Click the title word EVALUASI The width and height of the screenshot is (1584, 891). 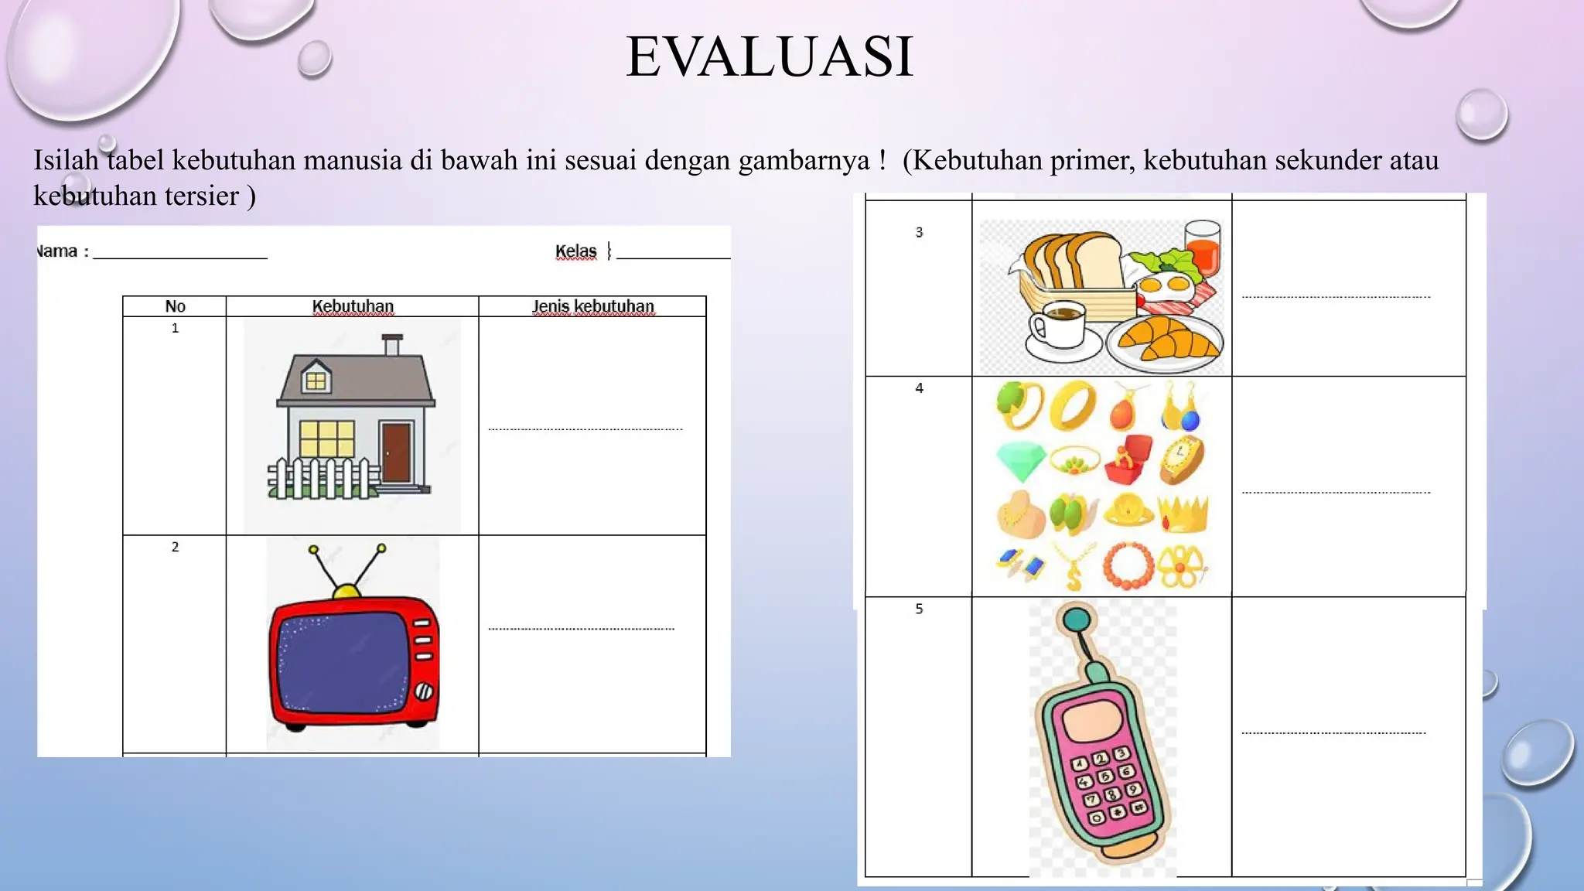pos(770,56)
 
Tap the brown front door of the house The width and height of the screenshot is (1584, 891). pos(396,452)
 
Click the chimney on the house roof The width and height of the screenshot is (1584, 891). pos(393,345)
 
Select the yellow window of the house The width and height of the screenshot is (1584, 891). pos(326,439)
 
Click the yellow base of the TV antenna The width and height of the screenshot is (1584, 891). pos(346,592)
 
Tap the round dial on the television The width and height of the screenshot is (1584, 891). pos(423,691)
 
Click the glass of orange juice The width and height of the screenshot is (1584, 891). pos(1202,247)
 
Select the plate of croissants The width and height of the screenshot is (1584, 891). pos(1165,341)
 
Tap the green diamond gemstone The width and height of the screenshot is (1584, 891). pos(1020,461)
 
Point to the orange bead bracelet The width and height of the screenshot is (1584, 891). pos(1128,565)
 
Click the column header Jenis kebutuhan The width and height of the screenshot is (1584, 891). pos(592,306)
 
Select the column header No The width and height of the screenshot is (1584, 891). pos(175,306)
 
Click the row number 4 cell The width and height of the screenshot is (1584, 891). pos(919,388)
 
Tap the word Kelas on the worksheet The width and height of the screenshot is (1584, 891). pos(575,251)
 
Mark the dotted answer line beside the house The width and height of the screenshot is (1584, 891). pos(585,428)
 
